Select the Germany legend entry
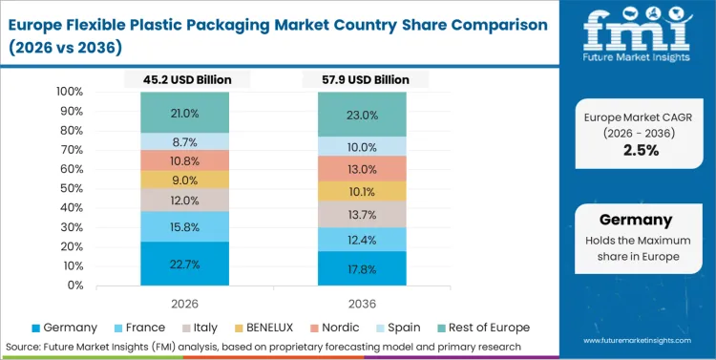pyautogui.click(x=67, y=327)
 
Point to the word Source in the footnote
pyautogui.click(x=23, y=346)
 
